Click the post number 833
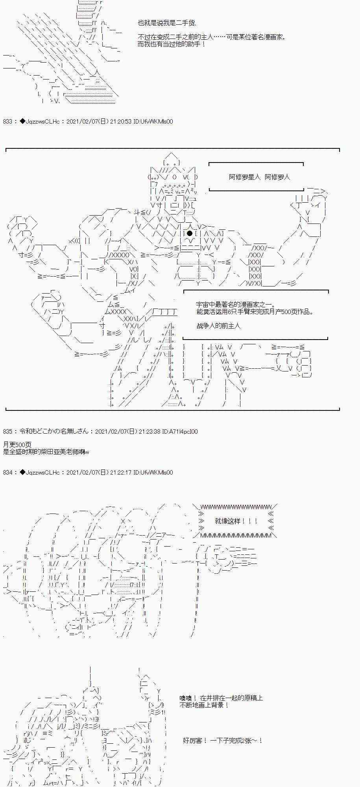tap(7, 122)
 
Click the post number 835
tap(7, 432)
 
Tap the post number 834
tap(7, 473)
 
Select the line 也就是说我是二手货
tap(167, 23)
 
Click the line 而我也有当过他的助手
tap(172, 44)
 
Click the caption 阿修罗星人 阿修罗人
tap(259, 177)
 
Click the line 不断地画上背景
tap(204, 705)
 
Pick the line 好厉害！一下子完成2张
tap(223, 741)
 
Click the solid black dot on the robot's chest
tap(190, 233)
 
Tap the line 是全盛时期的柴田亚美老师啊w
tap(46, 452)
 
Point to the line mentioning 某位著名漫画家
tap(211, 37)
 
